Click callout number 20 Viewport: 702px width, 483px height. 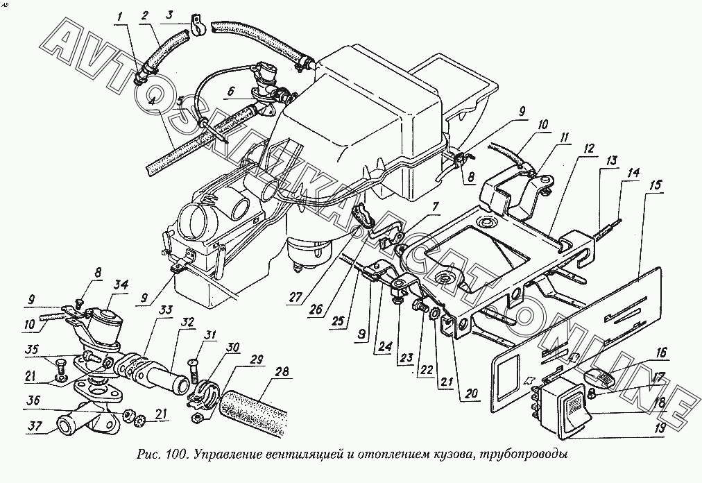point(472,394)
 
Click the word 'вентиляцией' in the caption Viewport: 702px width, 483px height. point(306,456)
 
